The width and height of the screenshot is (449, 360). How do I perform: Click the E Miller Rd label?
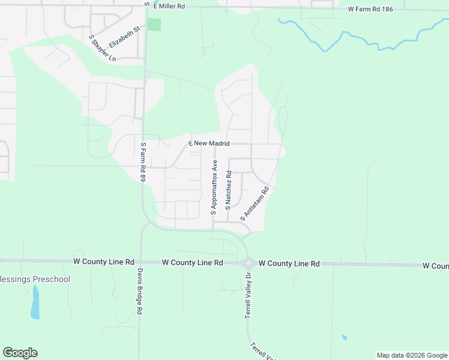click(170, 6)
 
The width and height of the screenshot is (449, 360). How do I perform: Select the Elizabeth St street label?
click(124, 37)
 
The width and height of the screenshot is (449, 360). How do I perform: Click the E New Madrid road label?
click(209, 143)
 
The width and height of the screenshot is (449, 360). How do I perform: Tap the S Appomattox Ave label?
click(213, 187)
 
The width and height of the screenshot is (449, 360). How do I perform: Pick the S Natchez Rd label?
click(229, 189)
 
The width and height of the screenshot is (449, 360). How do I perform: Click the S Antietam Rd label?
click(254, 206)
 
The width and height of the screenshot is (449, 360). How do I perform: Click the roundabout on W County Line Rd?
click(248, 263)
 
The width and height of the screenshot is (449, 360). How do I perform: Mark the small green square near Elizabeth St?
click(154, 25)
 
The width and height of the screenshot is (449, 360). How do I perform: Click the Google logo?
click(20, 352)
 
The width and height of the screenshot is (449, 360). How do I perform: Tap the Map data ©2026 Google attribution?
click(411, 355)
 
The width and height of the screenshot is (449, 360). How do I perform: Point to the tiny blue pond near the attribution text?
click(343, 337)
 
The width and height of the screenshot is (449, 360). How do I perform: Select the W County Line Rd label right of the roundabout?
click(291, 263)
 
